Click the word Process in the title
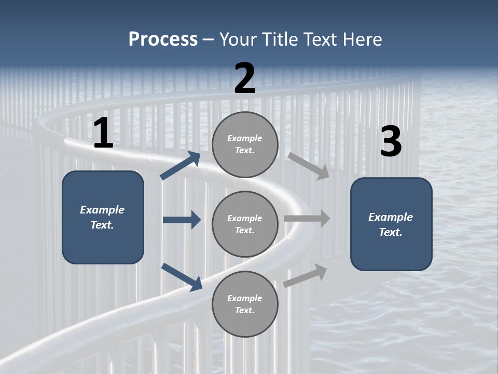[163, 39]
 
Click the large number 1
[103, 133]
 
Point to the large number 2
[245, 78]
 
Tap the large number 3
[391, 141]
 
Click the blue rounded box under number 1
[103, 217]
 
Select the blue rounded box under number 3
[391, 224]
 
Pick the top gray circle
[245, 144]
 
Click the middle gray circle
[245, 224]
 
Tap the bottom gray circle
[245, 304]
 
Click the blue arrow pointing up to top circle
[181, 166]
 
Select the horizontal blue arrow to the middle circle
[182, 220]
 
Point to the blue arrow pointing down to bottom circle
[182, 277]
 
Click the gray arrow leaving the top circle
[308, 166]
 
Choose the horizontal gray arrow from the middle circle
[307, 219]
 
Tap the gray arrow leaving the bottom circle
[305, 275]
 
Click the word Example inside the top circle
[245, 138]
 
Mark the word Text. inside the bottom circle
[245, 311]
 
